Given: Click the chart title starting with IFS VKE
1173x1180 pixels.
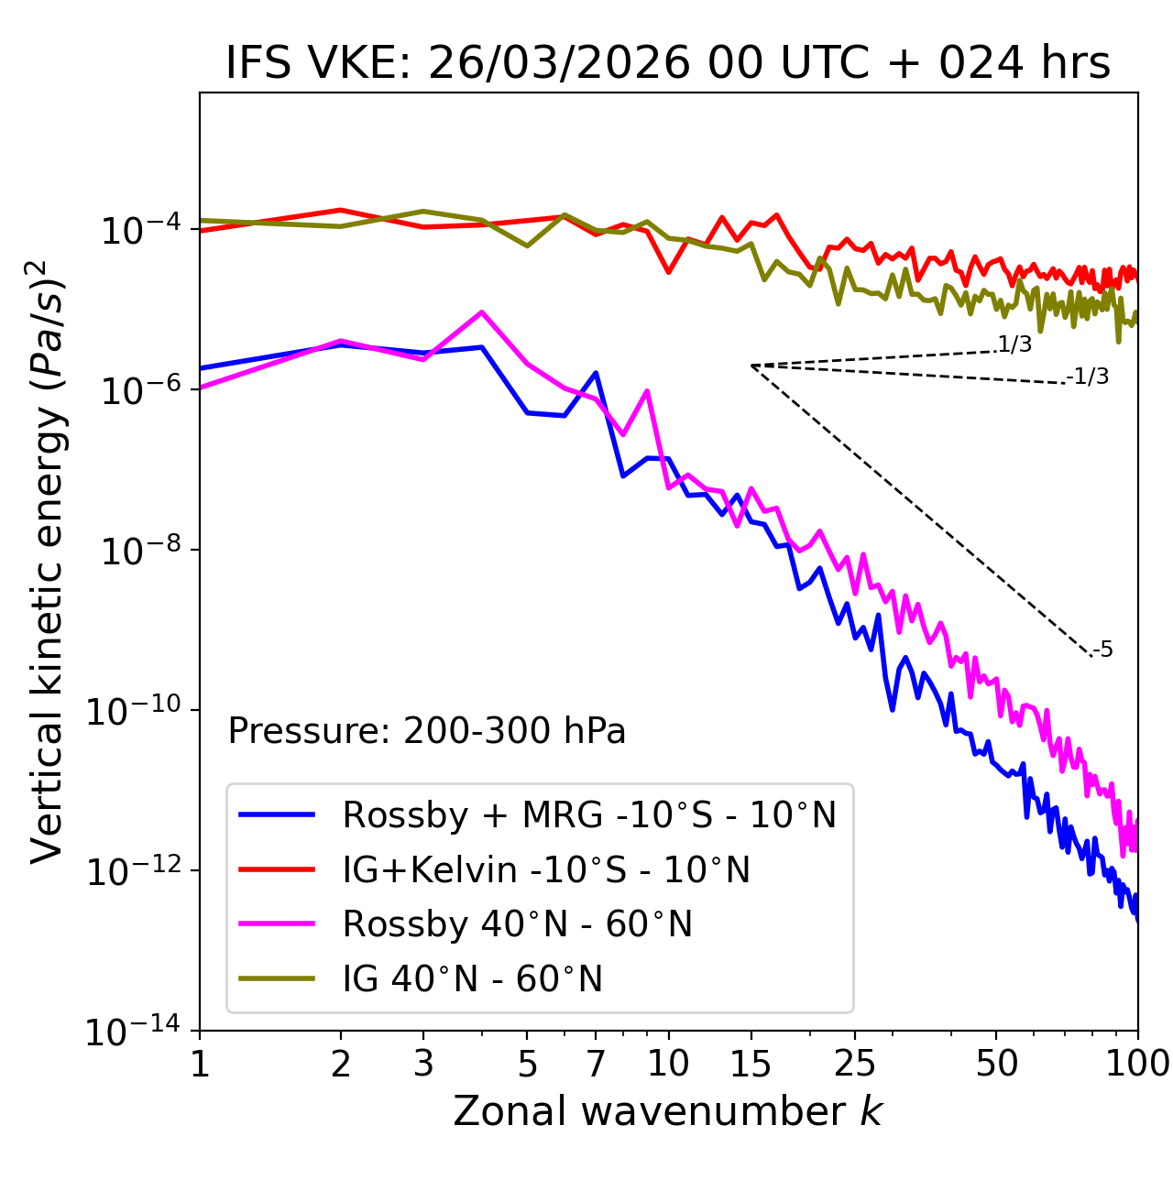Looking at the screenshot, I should coord(668,63).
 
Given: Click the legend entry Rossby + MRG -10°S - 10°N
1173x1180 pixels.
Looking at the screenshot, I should coord(589,814).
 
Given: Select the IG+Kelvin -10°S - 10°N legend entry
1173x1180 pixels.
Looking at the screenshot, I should coord(546,869).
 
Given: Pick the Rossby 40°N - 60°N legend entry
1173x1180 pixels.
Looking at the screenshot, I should coord(517,924).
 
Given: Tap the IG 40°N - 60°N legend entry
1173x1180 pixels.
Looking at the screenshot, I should coord(472,979).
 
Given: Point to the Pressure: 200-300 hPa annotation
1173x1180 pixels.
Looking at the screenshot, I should coord(427,731).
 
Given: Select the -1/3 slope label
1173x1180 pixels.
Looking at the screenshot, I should coord(1088,377).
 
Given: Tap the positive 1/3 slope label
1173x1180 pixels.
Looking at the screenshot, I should coord(1014,344).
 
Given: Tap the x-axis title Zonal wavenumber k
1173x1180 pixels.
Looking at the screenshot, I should coord(668,1111).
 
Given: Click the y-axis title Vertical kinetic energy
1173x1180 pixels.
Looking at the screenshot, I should coord(48,561).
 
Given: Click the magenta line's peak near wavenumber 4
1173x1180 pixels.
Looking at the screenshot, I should coord(482,312).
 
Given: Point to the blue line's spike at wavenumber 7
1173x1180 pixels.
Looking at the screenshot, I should coord(596,373).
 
